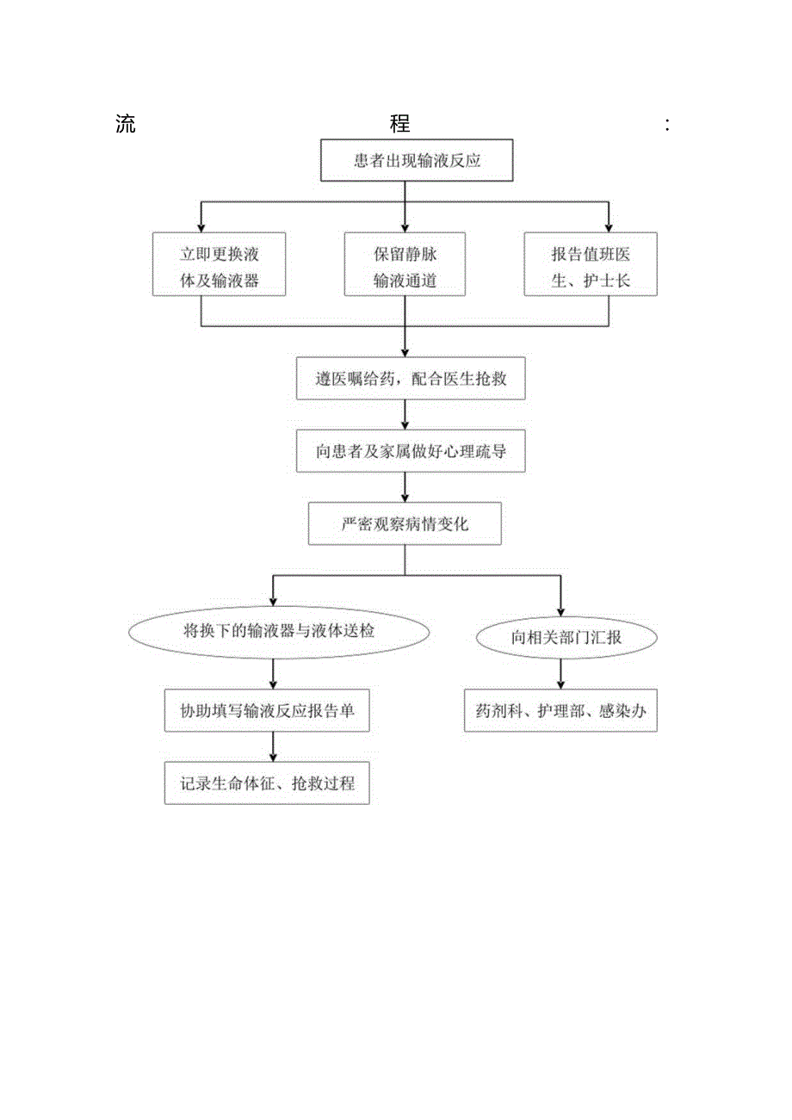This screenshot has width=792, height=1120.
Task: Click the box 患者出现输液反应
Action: tap(405, 161)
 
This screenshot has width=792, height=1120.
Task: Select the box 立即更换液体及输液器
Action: tap(220, 264)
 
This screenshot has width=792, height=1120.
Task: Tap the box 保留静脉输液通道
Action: tap(405, 264)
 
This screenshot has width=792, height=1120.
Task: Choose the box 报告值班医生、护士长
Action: tap(591, 264)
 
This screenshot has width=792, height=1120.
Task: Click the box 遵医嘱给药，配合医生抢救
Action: tap(411, 379)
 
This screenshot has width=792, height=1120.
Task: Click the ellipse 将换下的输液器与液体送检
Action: tap(279, 631)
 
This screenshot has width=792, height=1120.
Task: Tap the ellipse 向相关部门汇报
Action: tap(567, 637)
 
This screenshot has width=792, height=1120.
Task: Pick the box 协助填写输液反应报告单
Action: tap(273, 710)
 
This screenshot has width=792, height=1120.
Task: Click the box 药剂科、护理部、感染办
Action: tap(560, 711)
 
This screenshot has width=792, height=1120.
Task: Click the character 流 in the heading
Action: tap(126, 124)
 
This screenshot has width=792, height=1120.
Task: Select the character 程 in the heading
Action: tap(399, 124)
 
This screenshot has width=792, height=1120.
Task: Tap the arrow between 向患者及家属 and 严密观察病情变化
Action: tap(405, 488)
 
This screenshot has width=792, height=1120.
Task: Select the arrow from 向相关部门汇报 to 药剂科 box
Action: tap(560, 673)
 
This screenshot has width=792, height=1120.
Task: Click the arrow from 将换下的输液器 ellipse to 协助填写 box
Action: tap(273, 673)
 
